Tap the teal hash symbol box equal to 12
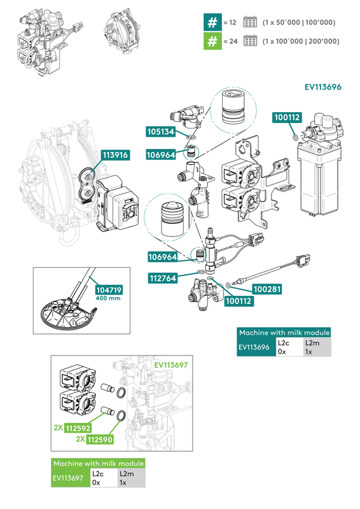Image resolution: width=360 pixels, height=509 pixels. click(211, 22)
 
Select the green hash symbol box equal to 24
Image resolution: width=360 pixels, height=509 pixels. click(211, 41)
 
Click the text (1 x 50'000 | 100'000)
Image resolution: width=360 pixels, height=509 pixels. click(298, 22)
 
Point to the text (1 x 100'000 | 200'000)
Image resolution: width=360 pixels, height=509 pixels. click(301, 41)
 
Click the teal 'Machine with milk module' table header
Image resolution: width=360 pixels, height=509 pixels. click(284, 333)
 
